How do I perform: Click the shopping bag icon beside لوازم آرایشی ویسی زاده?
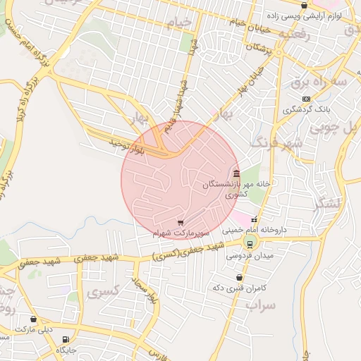(x=304, y=6)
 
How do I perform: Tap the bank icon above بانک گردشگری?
(x=306, y=99)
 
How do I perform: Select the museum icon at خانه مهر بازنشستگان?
(x=235, y=174)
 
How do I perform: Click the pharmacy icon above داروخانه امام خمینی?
(x=254, y=221)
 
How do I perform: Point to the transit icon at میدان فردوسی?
(x=248, y=244)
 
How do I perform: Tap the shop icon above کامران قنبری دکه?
(x=240, y=278)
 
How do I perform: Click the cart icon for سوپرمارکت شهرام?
(x=181, y=222)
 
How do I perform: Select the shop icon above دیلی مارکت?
(x=33, y=319)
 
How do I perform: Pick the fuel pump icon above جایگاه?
(x=66, y=340)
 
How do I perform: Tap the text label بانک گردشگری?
(x=307, y=109)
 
